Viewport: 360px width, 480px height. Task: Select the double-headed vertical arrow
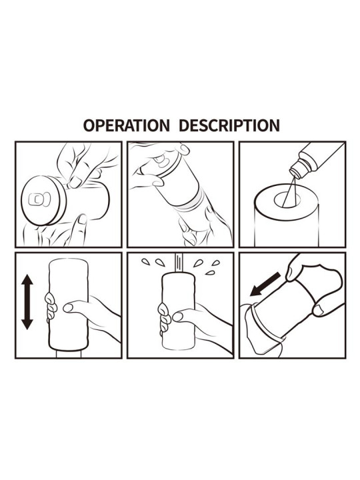pos(27,303)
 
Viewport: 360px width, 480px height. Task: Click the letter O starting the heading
pos(88,125)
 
